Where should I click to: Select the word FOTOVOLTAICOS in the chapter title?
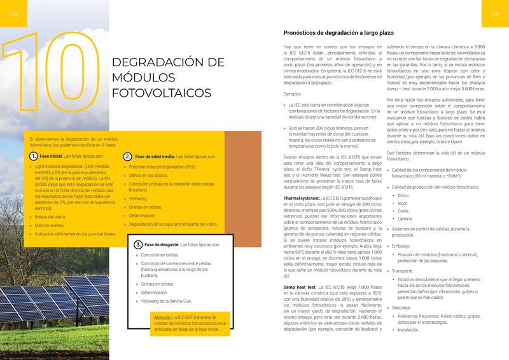[161, 93]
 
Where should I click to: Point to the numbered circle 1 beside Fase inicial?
[33, 156]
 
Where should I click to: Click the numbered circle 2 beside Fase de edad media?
[128, 156]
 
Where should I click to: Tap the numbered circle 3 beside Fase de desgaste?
[138, 244]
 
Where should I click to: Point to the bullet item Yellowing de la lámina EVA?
[166, 300]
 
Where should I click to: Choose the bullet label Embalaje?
[401, 246]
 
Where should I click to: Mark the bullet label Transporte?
[403, 270]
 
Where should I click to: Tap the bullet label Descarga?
[401, 307]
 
